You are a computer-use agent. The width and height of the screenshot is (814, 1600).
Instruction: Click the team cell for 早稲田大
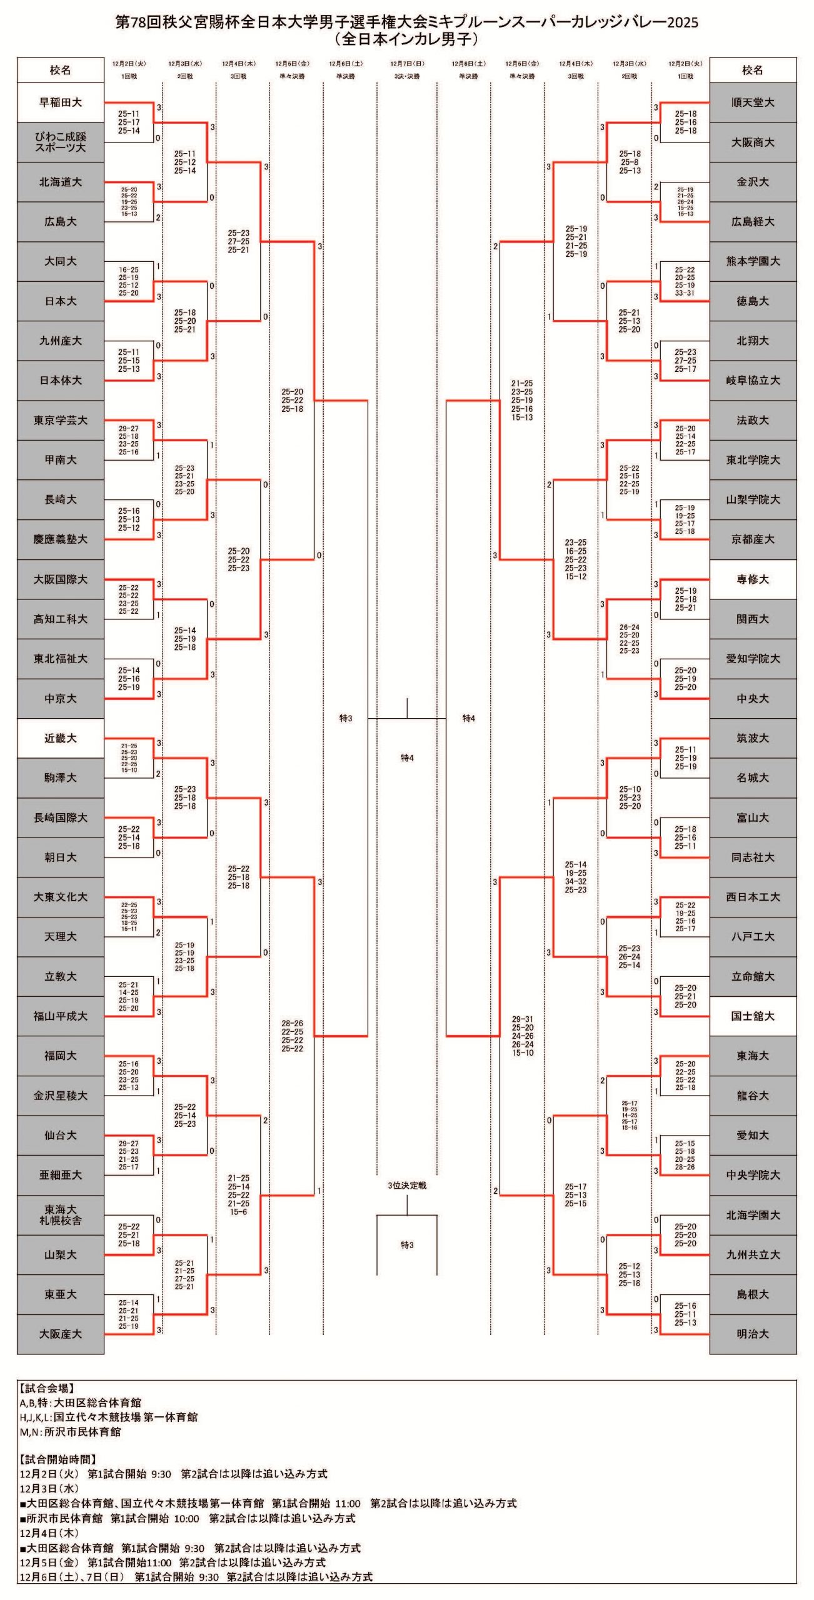(61, 102)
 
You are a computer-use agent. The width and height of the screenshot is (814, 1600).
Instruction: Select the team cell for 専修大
(753, 579)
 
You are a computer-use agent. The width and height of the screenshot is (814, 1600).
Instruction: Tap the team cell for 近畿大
(61, 738)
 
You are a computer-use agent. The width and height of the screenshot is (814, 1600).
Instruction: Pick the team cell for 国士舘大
(753, 1016)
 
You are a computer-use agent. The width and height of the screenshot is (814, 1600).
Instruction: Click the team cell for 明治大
(753, 1334)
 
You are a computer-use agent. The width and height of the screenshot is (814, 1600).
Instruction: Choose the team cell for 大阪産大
(61, 1334)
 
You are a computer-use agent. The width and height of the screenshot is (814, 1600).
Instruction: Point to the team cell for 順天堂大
(753, 102)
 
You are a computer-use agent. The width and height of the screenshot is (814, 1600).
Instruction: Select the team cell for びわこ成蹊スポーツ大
(61, 142)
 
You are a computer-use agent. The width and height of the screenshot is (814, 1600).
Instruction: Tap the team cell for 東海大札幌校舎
(61, 1215)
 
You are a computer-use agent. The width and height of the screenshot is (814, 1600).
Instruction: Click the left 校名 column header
(61, 70)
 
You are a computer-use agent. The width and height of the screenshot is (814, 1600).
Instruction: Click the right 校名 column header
(753, 70)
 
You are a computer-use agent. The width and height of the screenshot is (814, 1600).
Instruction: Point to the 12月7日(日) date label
(407, 64)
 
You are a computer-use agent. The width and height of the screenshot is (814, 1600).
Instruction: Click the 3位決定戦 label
(407, 1186)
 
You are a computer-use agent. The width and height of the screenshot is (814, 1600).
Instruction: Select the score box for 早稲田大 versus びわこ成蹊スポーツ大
(129, 122)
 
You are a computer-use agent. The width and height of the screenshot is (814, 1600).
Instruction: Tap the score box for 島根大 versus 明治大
(685, 1314)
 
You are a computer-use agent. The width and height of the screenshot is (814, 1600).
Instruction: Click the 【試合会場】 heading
(47, 1388)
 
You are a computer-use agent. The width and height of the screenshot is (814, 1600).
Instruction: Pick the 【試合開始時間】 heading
(58, 1459)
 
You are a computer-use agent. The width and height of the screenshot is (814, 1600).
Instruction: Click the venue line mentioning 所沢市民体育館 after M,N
(70, 1432)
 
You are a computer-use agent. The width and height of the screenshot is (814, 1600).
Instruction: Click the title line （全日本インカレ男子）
(407, 39)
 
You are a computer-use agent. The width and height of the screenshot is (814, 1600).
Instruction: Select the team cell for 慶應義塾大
(61, 539)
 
